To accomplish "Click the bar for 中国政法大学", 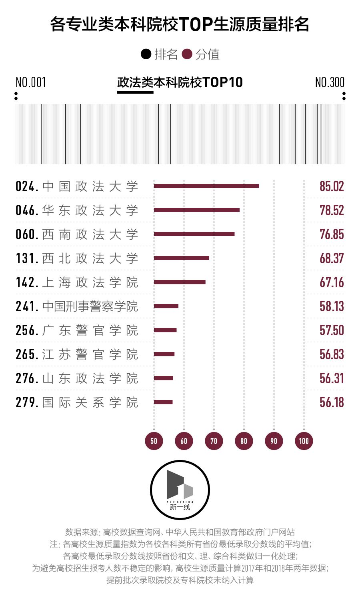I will point(206,186).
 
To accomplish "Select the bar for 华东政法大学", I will point(197,210).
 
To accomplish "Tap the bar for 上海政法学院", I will point(180,282).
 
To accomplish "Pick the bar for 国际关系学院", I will point(163,402).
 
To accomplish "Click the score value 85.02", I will point(332,186).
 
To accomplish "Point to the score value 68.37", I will point(332,258).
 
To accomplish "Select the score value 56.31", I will point(332,378).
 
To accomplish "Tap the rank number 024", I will point(26,186).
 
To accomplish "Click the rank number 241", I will point(26,306).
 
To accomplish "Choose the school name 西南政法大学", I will point(90,234).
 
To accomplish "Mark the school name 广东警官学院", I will point(90,330).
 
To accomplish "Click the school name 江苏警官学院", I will point(90,354).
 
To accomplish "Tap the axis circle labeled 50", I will point(154,441).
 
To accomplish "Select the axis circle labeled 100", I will point(304,441).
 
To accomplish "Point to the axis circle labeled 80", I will point(244,441).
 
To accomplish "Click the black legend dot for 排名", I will point(146,54).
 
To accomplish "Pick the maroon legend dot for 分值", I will point(187,54).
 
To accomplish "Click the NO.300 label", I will point(330,82).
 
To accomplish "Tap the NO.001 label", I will point(31,82).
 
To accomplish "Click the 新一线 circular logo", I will point(180,490).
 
